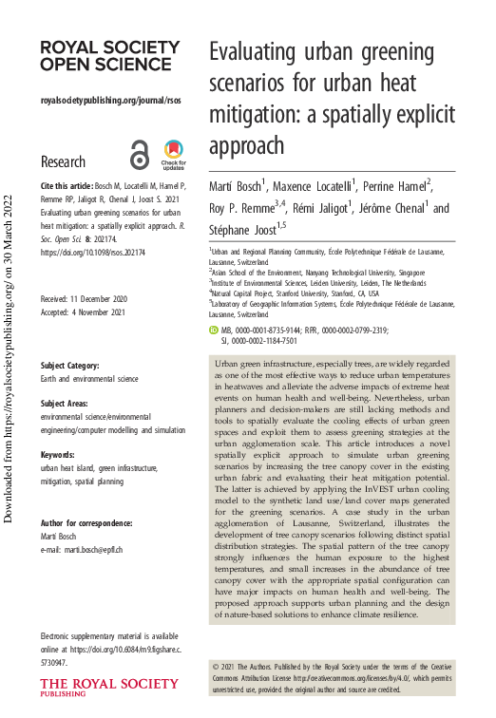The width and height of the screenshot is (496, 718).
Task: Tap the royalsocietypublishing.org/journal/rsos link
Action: coord(110,100)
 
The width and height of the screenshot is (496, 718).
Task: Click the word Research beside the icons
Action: coord(63,161)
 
